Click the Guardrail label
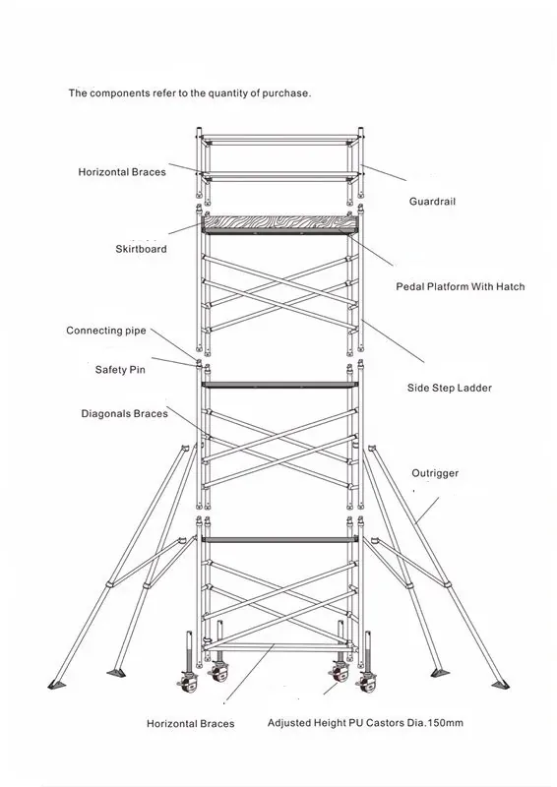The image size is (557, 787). click(x=432, y=202)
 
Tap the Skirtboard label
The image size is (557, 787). click(x=141, y=249)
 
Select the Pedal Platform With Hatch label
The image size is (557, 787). click(x=460, y=286)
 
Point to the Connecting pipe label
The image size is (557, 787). click(x=106, y=331)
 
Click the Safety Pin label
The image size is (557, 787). click(x=120, y=370)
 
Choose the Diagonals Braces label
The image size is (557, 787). click(x=125, y=414)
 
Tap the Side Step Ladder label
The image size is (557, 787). click(x=450, y=388)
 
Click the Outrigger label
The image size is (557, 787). click(x=435, y=473)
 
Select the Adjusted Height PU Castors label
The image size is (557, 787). click(x=365, y=723)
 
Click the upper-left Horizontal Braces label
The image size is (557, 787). click(x=122, y=172)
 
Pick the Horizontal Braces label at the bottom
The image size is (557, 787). click(x=190, y=724)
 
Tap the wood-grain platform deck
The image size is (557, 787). click(x=279, y=222)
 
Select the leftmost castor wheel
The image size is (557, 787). click(x=188, y=682)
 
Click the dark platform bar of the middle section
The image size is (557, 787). click(x=279, y=385)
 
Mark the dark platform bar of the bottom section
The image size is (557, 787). click(x=279, y=539)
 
